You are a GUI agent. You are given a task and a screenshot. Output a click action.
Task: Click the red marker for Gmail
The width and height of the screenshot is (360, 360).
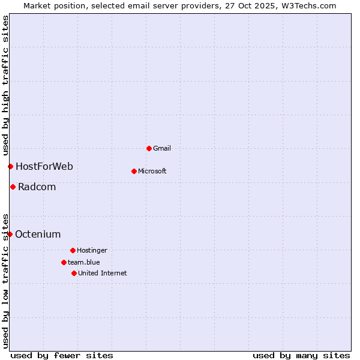click(149, 148)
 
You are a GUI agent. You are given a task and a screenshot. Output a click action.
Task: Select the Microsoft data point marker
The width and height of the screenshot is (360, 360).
click(134, 171)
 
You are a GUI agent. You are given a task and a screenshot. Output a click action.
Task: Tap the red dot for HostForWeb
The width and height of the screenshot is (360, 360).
click(10, 166)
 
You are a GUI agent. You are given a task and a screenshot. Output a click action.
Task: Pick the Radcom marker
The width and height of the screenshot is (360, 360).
click(13, 187)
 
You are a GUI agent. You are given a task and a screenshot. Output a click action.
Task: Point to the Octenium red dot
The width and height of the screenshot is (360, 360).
click(10, 234)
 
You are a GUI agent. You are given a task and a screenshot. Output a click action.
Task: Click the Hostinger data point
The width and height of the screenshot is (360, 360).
click(73, 250)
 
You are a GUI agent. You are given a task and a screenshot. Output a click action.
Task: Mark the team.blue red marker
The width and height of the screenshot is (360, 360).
click(64, 262)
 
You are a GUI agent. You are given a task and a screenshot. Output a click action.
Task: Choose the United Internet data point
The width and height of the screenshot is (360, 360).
click(74, 273)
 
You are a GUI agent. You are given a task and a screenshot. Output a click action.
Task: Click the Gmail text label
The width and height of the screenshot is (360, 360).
click(162, 148)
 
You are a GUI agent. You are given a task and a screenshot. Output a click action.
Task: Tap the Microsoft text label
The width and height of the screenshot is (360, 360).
click(152, 171)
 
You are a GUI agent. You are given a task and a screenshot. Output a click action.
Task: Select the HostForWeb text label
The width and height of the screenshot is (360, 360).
click(44, 166)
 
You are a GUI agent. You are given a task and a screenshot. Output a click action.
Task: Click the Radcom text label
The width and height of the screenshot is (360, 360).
click(37, 187)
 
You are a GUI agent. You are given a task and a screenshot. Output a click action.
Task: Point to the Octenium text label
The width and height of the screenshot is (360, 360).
click(38, 234)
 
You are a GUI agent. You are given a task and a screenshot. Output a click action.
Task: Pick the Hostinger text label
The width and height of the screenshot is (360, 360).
click(92, 250)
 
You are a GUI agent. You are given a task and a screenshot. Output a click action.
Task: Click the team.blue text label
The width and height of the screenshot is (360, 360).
click(84, 262)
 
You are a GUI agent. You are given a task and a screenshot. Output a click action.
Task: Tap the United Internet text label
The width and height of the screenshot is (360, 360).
click(103, 273)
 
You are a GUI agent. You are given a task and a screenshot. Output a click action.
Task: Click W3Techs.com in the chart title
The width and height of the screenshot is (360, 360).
click(308, 5)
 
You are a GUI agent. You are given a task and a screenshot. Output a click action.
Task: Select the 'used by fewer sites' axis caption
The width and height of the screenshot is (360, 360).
click(62, 355)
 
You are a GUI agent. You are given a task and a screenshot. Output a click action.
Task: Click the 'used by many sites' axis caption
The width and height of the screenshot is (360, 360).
click(301, 355)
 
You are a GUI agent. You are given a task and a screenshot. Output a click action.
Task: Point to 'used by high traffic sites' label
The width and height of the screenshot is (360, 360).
click(5, 86)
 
